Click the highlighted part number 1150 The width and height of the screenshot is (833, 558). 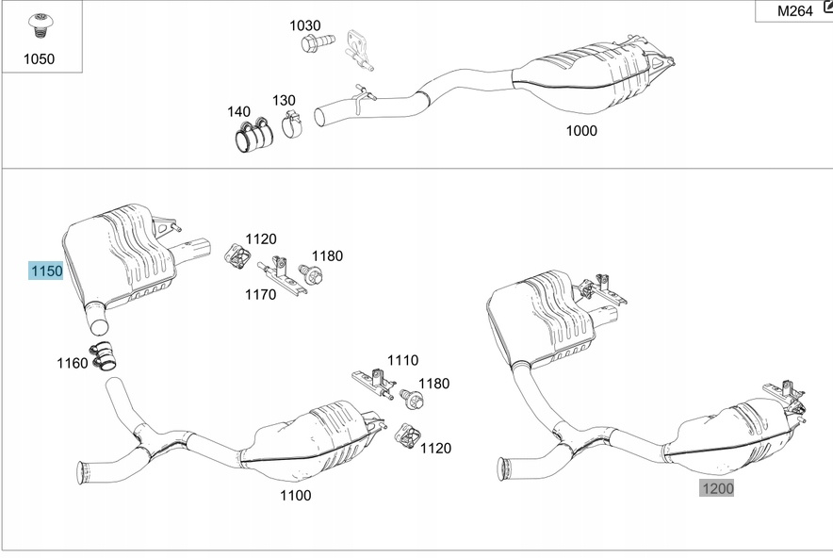tap(46, 271)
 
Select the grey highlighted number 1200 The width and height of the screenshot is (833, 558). tap(716, 488)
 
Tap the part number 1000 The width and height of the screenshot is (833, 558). tap(580, 131)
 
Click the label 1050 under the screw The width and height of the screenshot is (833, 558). tap(39, 58)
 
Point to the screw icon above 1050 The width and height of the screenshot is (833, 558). tap(40, 25)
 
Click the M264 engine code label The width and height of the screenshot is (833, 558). tap(793, 11)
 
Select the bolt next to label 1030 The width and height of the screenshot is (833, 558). tap(321, 42)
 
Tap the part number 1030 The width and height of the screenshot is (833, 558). tap(304, 25)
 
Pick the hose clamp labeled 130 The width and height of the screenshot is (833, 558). tap(291, 124)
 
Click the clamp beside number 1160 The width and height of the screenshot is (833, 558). tap(105, 356)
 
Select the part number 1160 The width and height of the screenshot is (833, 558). tap(72, 363)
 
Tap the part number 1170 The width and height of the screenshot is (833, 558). tap(260, 294)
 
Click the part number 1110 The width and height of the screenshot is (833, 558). tap(402, 360)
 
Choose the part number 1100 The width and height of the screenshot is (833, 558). tap(295, 495)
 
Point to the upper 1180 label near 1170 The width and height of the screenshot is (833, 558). tap(328, 255)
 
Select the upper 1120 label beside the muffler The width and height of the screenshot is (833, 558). tap(261, 239)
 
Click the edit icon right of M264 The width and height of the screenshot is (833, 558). tap(826, 9)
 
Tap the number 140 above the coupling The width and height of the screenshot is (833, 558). tap(238, 111)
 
